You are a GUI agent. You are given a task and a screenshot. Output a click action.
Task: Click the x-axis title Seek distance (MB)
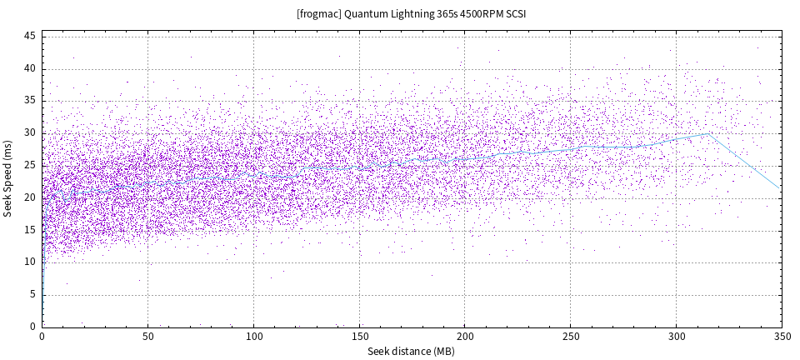pyautogui.click(x=411, y=352)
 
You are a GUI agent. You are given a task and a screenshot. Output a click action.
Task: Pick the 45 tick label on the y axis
pyautogui.click(x=28, y=36)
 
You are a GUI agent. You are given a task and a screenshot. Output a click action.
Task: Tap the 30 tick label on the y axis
pyautogui.click(x=28, y=132)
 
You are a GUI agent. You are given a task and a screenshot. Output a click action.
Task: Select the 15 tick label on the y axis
pyautogui.click(x=28, y=229)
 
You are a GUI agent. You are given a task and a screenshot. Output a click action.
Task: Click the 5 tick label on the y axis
pyautogui.click(x=32, y=294)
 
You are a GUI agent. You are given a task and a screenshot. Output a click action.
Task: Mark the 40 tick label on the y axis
pyautogui.click(x=28, y=68)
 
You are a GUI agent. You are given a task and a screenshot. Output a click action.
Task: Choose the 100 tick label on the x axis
pyautogui.click(x=253, y=337)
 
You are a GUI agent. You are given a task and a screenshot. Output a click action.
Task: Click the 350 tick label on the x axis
pyautogui.click(x=782, y=337)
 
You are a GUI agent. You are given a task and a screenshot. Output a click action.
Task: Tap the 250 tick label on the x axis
pyautogui.click(x=570, y=337)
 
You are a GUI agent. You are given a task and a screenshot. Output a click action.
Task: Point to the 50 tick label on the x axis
pyautogui.click(x=147, y=337)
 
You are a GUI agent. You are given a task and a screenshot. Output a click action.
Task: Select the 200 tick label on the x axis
pyautogui.click(x=465, y=337)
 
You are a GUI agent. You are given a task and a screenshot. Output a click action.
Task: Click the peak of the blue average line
pyautogui.click(x=709, y=133)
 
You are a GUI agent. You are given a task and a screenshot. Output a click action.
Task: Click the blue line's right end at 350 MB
pyautogui.click(x=781, y=187)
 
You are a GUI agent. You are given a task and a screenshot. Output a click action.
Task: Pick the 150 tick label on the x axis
pyautogui.click(x=359, y=337)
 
